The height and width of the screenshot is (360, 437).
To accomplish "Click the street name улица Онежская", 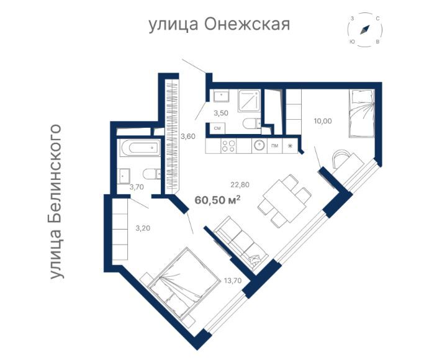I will [x=219, y=24].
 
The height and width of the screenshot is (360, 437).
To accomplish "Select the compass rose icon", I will [x=364, y=30].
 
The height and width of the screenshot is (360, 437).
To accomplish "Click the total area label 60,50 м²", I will [x=217, y=199].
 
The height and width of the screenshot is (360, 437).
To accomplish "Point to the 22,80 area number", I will [x=240, y=184].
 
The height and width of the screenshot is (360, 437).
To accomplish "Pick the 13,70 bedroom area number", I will [x=232, y=281].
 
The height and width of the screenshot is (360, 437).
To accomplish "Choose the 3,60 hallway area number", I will [x=188, y=136].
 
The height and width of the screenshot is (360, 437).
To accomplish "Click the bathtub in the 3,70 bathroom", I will [x=138, y=149].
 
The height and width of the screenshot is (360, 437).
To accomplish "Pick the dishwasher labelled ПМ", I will [x=274, y=145].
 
